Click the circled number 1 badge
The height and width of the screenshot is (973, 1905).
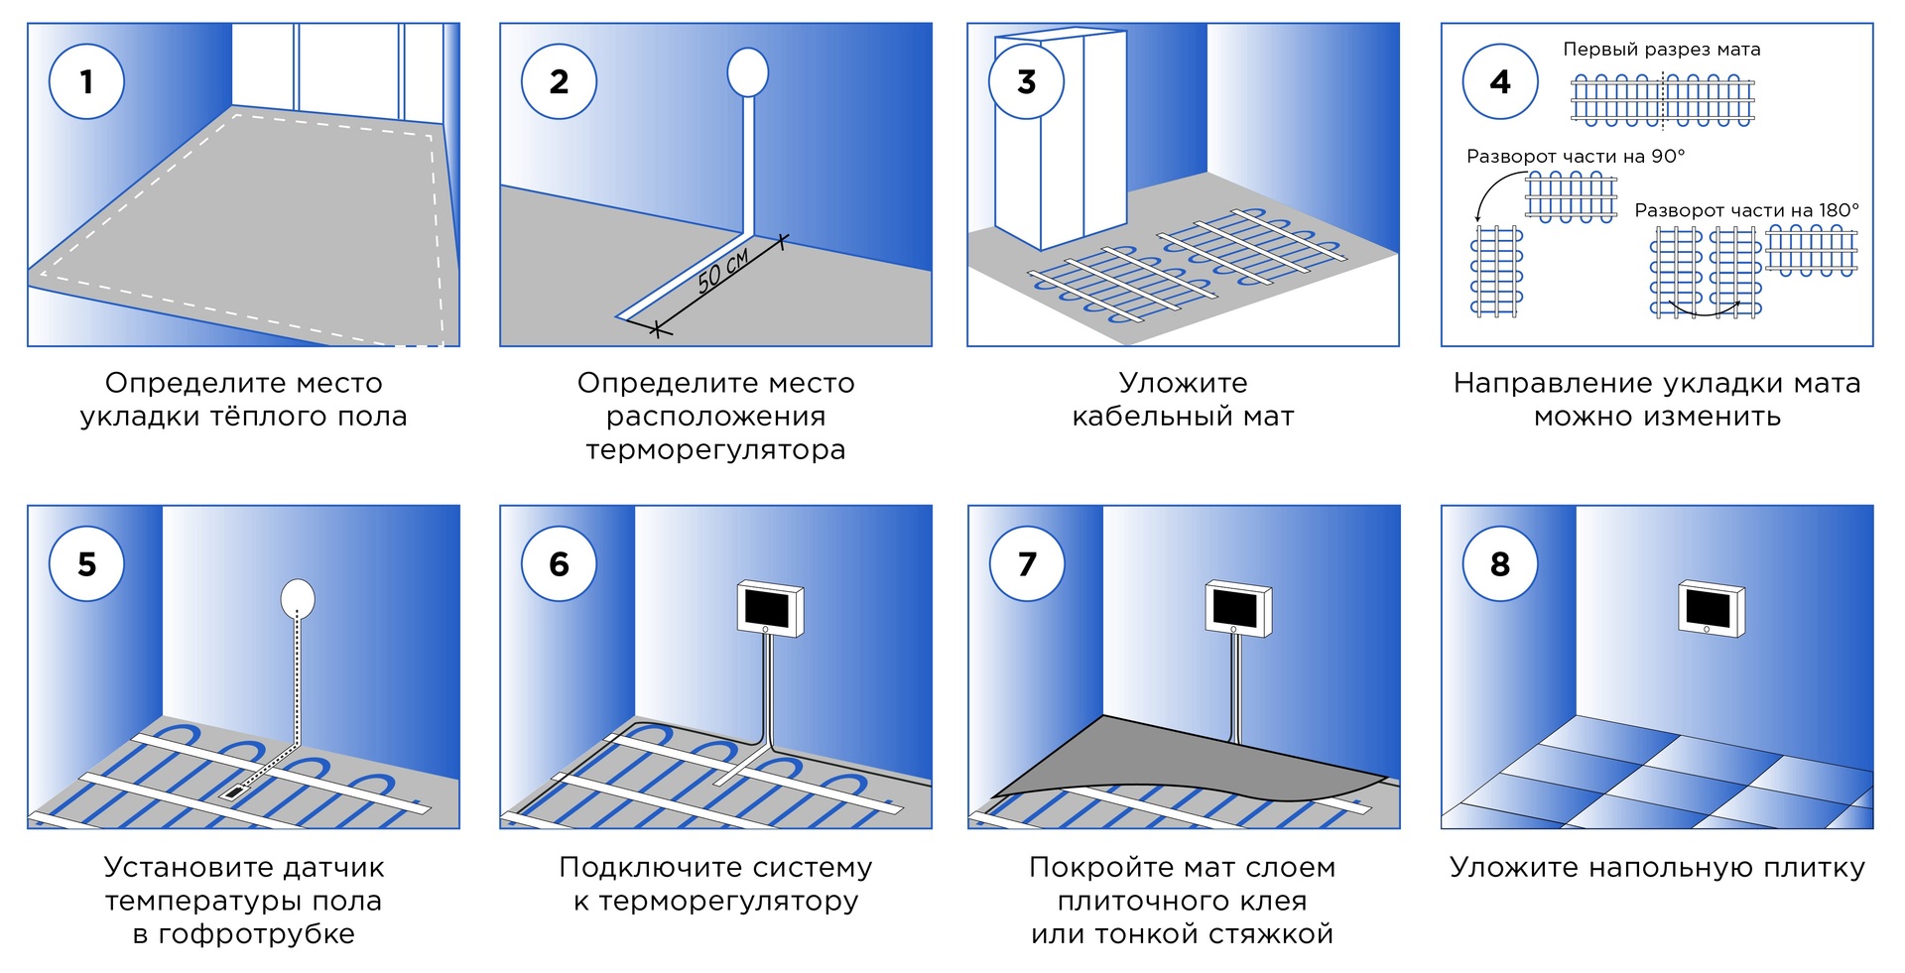pyautogui.click(x=86, y=81)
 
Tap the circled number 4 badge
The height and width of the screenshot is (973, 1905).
pyautogui.click(x=1499, y=81)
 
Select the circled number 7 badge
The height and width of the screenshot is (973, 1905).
pyautogui.click(x=1027, y=563)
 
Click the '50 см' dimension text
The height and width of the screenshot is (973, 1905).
pyautogui.click(x=722, y=271)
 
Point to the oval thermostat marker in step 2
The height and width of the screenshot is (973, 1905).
pyautogui.click(x=747, y=71)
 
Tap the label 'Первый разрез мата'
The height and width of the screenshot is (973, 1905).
pyautogui.click(x=1661, y=50)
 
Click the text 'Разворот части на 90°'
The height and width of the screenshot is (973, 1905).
pyautogui.click(x=1575, y=157)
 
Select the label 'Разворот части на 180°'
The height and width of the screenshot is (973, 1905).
pyautogui.click(x=1746, y=210)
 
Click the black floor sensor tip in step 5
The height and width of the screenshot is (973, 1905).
pyautogui.click(x=234, y=791)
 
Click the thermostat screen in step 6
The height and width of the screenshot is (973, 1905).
pyautogui.click(x=769, y=604)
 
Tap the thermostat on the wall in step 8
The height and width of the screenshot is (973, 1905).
pyautogui.click(x=1711, y=608)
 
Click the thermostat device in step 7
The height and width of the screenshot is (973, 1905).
pyautogui.click(x=1237, y=608)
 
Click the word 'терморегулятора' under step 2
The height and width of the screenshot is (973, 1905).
pyautogui.click(x=715, y=450)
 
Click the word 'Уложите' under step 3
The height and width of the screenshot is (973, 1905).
pyautogui.click(x=1183, y=383)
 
